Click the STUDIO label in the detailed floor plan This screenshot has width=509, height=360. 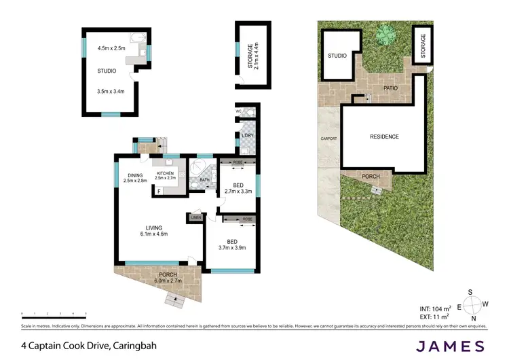click(107, 70)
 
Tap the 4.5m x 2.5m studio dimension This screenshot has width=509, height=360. click(112, 48)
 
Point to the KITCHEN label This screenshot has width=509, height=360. click(166, 174)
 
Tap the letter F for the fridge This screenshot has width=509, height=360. click(159, 192)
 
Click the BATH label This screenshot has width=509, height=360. click(204, 180)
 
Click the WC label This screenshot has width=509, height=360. click(239, 111)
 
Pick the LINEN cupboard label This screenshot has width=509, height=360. click(196, 217)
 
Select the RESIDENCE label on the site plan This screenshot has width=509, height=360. click(384, 137)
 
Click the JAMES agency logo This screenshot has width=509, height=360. click(451, 346)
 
